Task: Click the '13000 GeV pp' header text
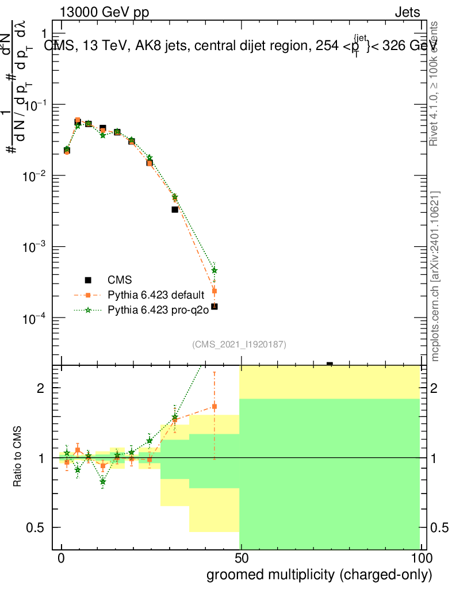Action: (x=104, y=13)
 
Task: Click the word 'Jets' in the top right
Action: (x=407, y=13)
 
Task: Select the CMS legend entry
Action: (x=120, y=280)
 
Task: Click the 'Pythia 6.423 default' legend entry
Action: (x=156, y=295)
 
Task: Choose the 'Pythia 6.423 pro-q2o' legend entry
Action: (x=157, y=310)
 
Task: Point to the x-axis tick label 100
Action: (x=421, y=559)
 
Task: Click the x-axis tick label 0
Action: (x=62, y=559)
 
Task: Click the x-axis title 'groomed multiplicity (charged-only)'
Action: (x=319, y=575)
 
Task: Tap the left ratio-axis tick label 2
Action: (x=49, y=388)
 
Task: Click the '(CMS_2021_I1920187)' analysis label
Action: (x=239, y=344)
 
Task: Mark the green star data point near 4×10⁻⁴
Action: (x=214, y=270)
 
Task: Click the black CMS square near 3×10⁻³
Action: (x=175, y=209)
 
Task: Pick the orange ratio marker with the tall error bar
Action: (x=214, y=406)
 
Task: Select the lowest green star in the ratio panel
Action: (x=103, y=481)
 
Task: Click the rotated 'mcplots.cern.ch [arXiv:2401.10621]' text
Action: (x=435, y=277)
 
